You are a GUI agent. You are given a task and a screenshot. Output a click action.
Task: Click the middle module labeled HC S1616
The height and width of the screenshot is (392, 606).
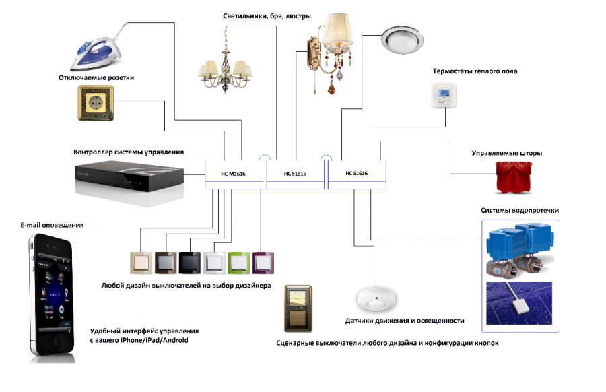pos(295,174)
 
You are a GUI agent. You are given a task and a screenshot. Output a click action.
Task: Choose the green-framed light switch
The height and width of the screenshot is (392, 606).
pos(238,262)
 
